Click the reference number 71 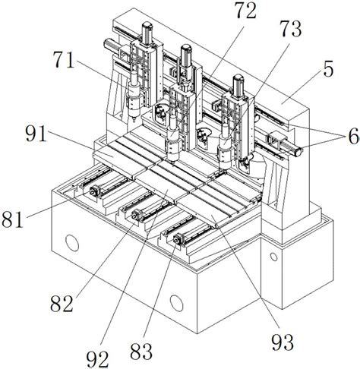pyautogui.click(x=64, y=59)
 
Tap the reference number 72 pyautogui.click(x=245, y=11)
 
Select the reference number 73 pyautogui.click(x=291, y=29)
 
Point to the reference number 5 pyautogui.click(x=328, y=69)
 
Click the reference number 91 pyautogui.click(x=36, y=134)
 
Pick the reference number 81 pyautogui.click(x=12, y=219)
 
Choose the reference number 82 pyautogui.click(x=62, y=304)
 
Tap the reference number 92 pyautogui.click(x=97, y=359)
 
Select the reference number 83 pyautogui.click(x=141, y=351)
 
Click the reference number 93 pyautogui.click(x=283, y=342)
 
